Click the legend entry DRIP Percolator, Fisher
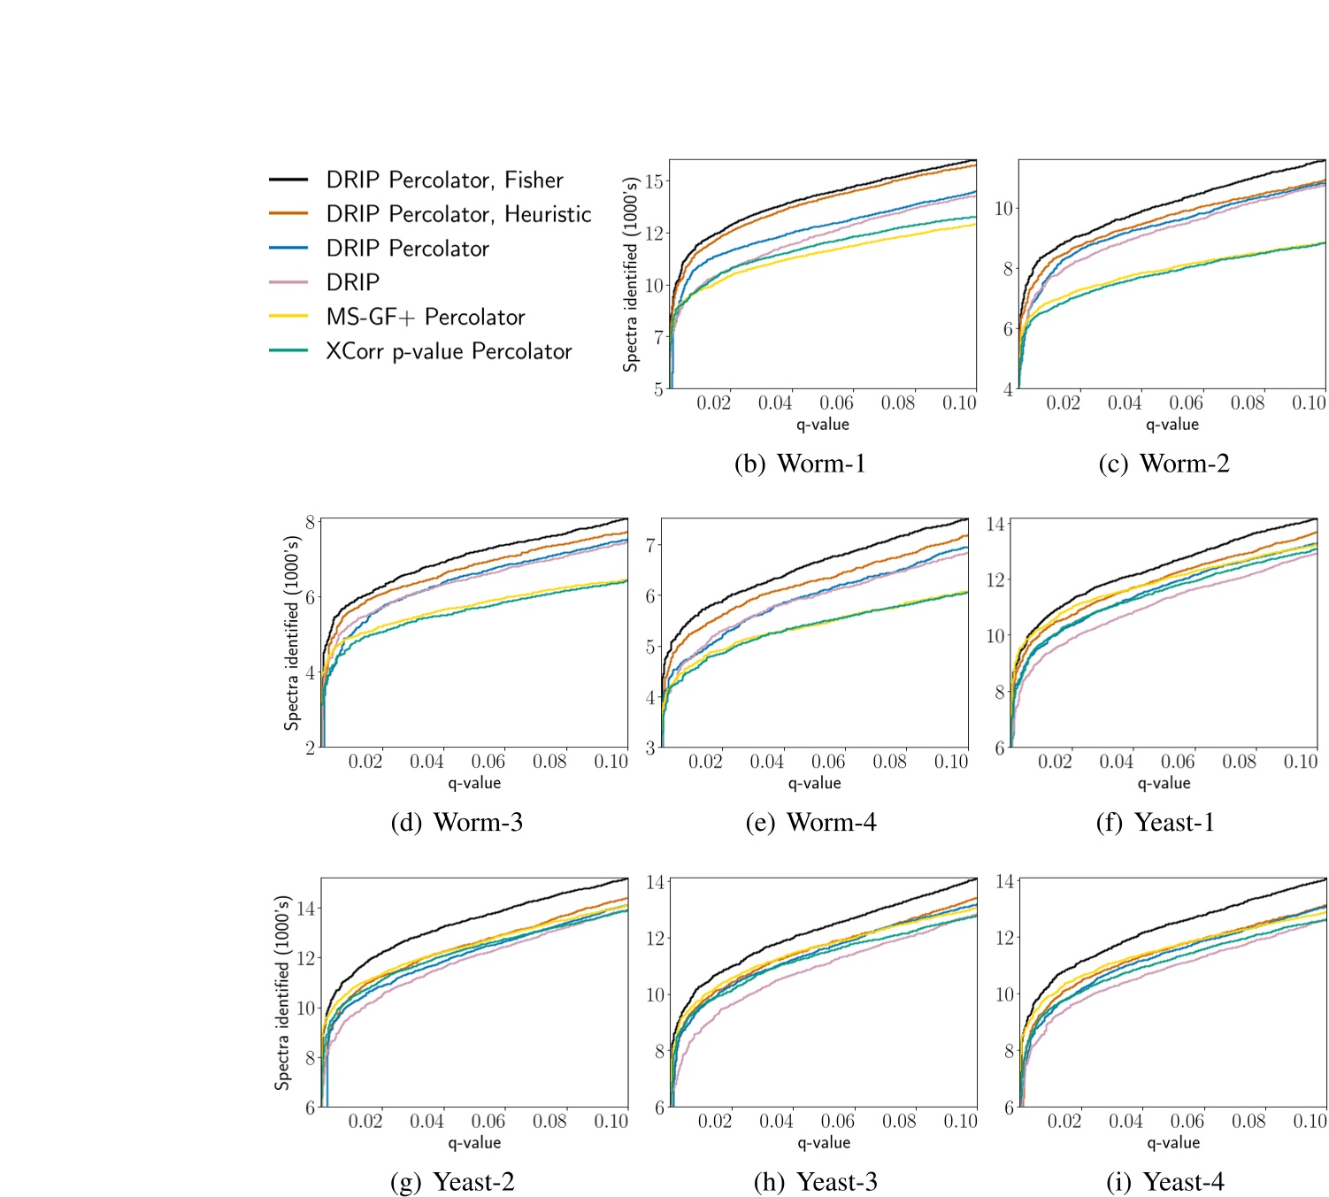tap(444, 180)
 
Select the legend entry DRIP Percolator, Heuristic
tap(458, 214)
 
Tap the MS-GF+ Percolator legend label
tap(425, 317)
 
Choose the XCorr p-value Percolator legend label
tap(449, 351)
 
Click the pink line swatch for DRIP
tap(288, 282)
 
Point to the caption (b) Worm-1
tap(800, 464)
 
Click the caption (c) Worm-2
tap(1164, 464)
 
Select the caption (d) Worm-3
tap(457, 823)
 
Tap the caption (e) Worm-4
tap(810, 823)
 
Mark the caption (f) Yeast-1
tap(1155, 823)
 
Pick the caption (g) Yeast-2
tap(452, 1182)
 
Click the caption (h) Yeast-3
tap(815, 1182)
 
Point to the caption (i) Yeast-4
tap(1164, 1182)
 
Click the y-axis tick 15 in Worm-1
tap(655, 181)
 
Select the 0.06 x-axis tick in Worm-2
tap(1186, 403)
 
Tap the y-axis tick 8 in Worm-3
tap(310, 522)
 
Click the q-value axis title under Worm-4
tap(814, 783)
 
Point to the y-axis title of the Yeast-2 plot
tap(282, 993)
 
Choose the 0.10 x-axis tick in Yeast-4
tap(1310, 1121)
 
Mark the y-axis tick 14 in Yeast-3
tap(656, 882)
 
